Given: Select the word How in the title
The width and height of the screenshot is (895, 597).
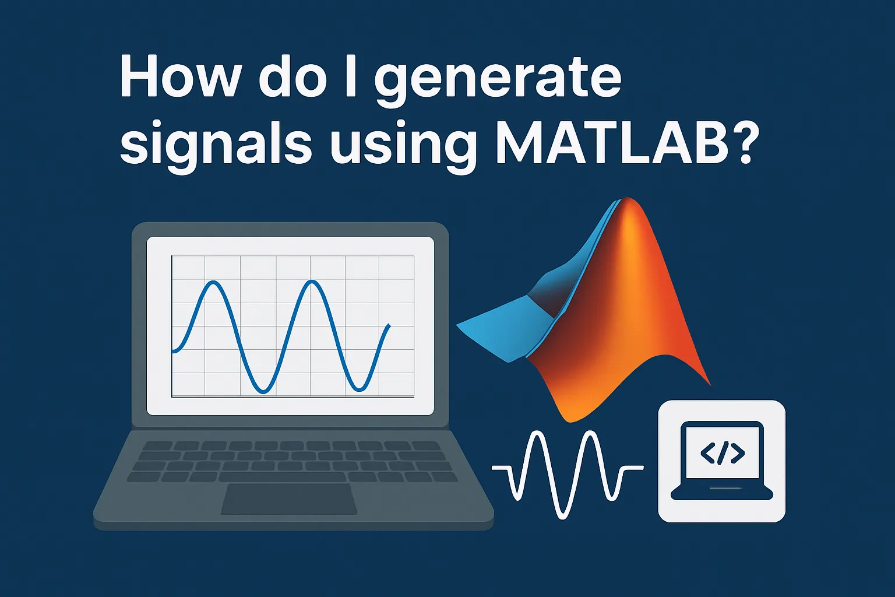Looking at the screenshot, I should (178, 79).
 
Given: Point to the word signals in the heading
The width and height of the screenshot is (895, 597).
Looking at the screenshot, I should (216, 146).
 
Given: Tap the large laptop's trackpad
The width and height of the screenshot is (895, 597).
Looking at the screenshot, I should (289, 499).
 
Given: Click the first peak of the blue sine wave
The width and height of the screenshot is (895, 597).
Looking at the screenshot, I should (214, 283).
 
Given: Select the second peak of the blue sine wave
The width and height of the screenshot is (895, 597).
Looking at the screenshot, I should (313, 283).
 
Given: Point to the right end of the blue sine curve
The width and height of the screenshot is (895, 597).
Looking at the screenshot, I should (389, 325).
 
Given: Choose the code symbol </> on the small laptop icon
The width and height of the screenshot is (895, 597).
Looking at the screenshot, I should (722, 453).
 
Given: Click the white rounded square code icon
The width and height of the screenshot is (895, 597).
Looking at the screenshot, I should (721, 461).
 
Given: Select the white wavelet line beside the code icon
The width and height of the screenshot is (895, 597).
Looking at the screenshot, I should (567, 472).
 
